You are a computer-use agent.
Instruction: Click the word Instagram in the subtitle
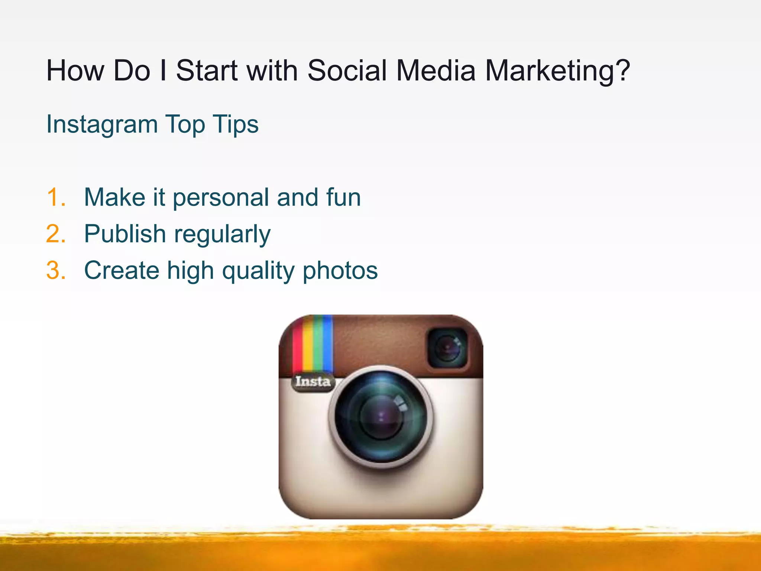point(102,125)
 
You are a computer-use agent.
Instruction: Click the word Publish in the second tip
point(125,234)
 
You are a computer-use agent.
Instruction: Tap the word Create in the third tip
point(122,270)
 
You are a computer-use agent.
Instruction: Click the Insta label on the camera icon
point(313,381)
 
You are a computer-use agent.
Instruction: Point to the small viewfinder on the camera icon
point(447,348)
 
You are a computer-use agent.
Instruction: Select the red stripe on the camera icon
point(297,349)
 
